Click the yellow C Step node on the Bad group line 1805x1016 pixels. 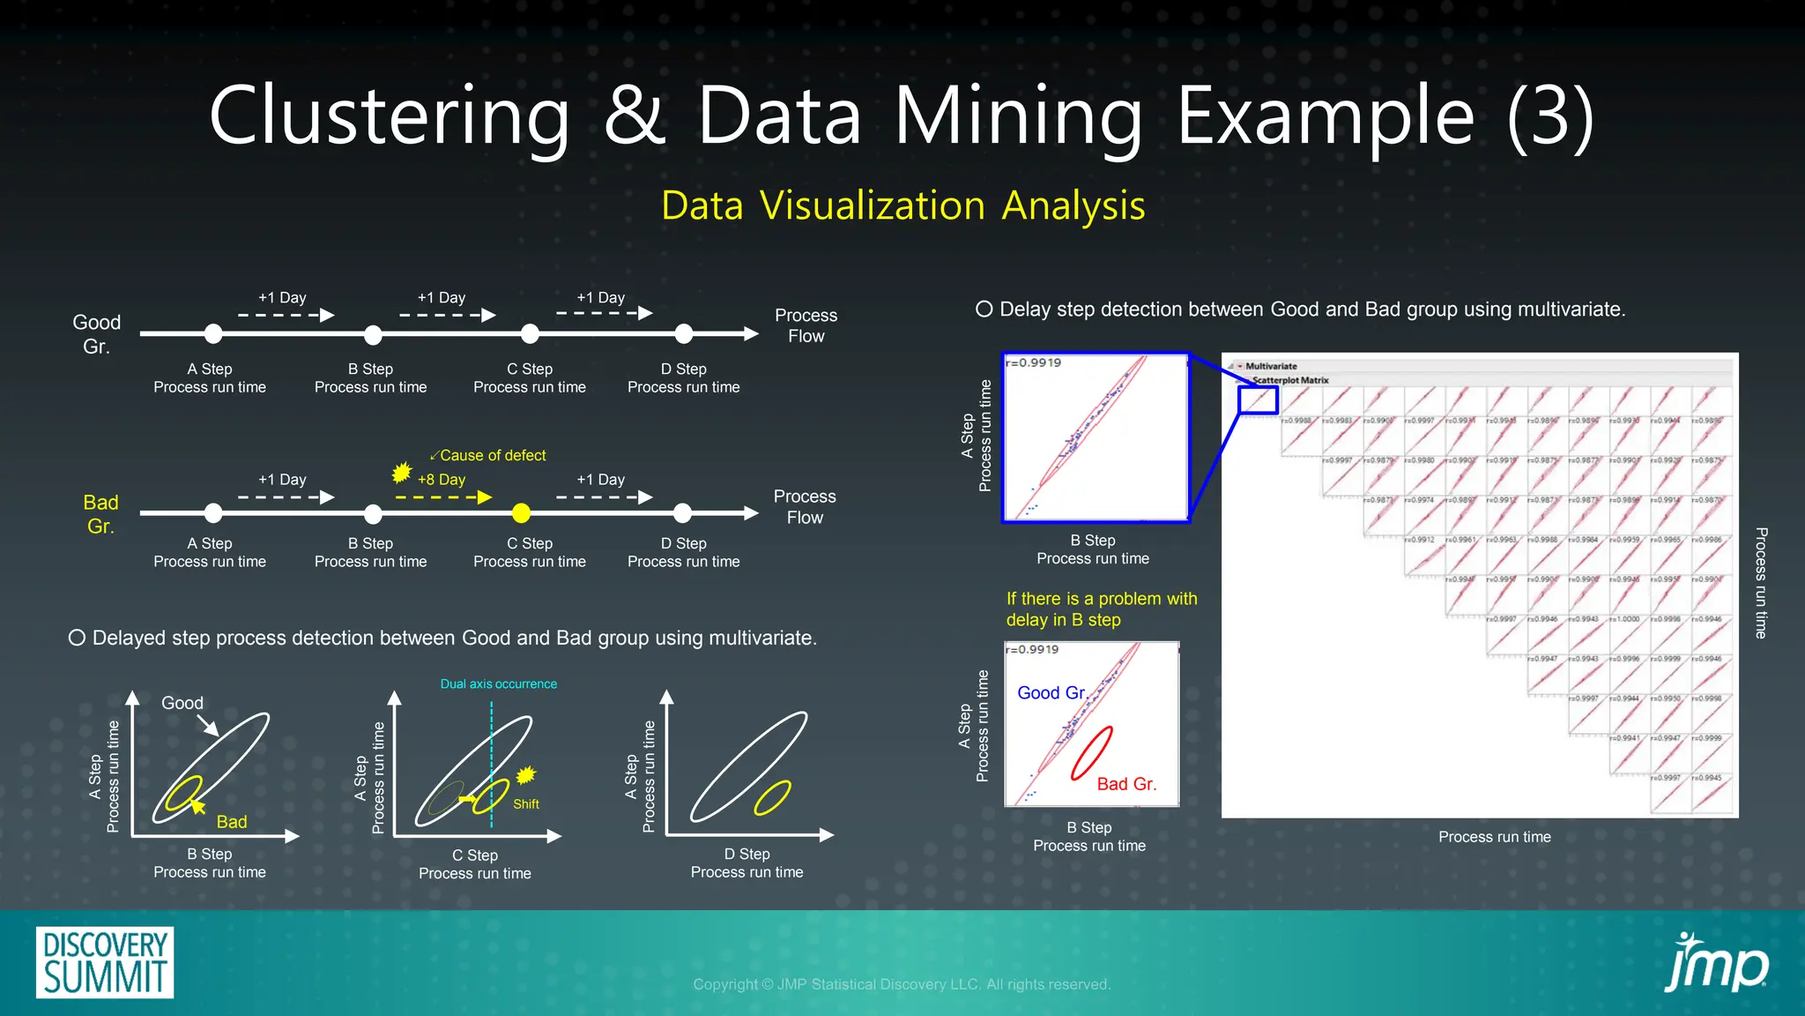click(522, 512)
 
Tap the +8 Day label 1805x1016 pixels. click(442, 480)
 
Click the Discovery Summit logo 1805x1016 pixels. click(105, 962)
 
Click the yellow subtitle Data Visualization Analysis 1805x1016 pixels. click(902, 205)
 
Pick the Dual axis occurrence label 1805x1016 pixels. click(498, 684)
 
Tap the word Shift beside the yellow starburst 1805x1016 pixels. click(526, 804)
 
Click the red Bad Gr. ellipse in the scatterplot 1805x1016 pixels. click(1091, 753)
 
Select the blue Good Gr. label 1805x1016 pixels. click(1051, 693)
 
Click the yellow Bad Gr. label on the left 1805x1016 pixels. click(100, 514)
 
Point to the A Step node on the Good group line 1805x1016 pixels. click(213, 333)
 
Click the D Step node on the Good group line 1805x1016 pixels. click(684, 333)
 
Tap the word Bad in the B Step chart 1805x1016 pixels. click(232, 822)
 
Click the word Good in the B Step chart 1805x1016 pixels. click(182, 703)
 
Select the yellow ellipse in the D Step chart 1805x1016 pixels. click(772, 798)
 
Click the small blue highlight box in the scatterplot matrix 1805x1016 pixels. click(1258, 400)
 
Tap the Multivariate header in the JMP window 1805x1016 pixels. click(1271, 366)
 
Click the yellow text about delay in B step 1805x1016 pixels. click(1102, 609)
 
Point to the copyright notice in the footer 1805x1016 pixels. click(902, 984)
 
